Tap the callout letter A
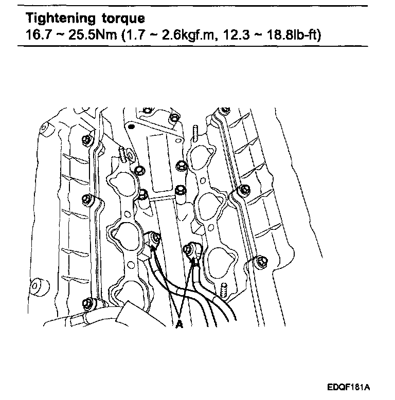179,325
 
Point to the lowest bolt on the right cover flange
260,262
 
